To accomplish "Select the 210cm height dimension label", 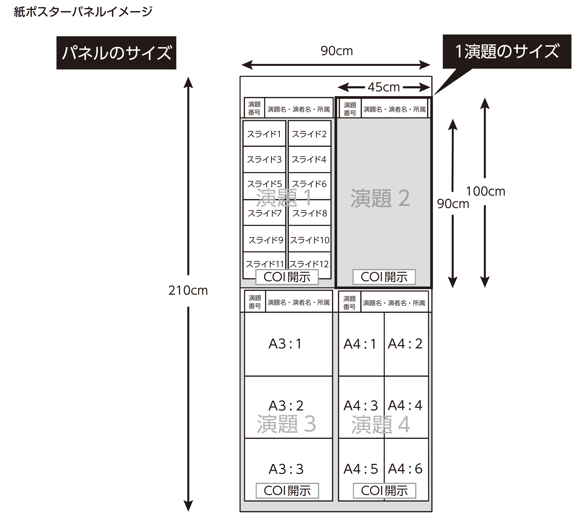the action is (188, 290).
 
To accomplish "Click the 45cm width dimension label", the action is (384, 87).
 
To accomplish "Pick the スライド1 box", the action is (264, 134).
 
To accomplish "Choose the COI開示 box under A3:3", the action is (287, 491).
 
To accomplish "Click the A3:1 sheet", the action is (288, 344).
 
